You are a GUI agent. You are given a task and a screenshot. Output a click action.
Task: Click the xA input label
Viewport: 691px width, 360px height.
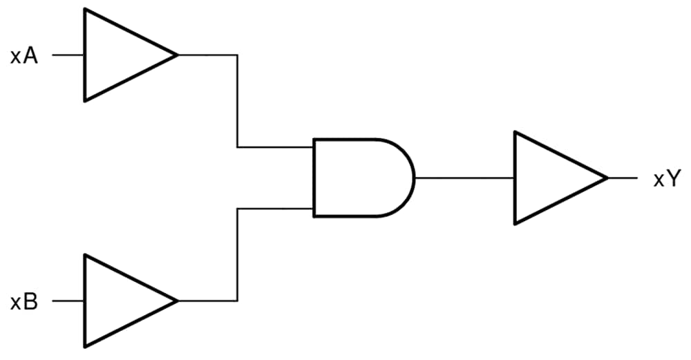pos(23,55)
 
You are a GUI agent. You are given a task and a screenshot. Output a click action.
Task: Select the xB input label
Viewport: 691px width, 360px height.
pos(23,301)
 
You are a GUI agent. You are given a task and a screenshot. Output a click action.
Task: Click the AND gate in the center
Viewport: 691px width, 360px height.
pos(359,178)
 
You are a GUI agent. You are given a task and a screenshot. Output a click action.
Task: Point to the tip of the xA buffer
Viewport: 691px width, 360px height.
pos(177,55)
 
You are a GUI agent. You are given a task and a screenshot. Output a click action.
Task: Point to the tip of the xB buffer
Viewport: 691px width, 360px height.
pos(177,301)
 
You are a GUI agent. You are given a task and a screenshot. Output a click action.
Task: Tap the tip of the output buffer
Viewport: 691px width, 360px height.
pos(607,178)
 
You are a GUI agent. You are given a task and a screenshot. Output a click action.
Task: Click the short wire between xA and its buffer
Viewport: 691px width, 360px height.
pos(68,55)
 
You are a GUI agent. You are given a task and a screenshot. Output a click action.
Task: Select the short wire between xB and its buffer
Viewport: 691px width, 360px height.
pos(68,301)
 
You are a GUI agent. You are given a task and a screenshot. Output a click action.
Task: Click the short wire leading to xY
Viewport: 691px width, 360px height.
pos(623,178)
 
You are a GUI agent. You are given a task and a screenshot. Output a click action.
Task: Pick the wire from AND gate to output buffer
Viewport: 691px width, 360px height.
pos(464,178)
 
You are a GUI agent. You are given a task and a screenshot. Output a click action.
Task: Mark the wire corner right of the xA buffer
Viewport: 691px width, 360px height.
pos(238,55)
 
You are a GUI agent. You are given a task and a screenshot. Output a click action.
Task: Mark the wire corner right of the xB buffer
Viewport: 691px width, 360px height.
pos(238,301)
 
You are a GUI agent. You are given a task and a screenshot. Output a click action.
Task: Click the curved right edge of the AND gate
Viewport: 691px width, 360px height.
pos(413,178)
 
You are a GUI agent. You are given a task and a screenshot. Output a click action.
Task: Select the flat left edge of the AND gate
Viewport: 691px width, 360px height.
pos(314,178)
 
